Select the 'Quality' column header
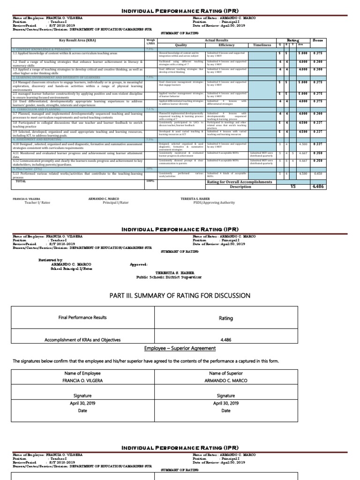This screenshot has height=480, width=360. pos(180,45)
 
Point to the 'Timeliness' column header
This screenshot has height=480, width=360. pos(262,45)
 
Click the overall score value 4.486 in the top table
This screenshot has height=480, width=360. pos(318,186)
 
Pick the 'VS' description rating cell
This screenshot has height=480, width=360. pos(294,186)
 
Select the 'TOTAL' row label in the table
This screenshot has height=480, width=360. pos(21,180)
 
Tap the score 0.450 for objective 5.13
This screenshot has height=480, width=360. pos(318,173)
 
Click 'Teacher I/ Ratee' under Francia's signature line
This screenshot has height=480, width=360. pos(37,202)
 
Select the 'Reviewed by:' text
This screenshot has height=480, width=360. pos(50,260)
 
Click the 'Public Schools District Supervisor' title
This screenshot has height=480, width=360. pos(169,277)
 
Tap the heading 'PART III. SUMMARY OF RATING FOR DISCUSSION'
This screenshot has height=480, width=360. pos(180,295)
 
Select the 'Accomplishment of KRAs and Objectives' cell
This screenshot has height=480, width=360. pos(82,340)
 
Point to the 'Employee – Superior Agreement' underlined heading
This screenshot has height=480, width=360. pos(180,349)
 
